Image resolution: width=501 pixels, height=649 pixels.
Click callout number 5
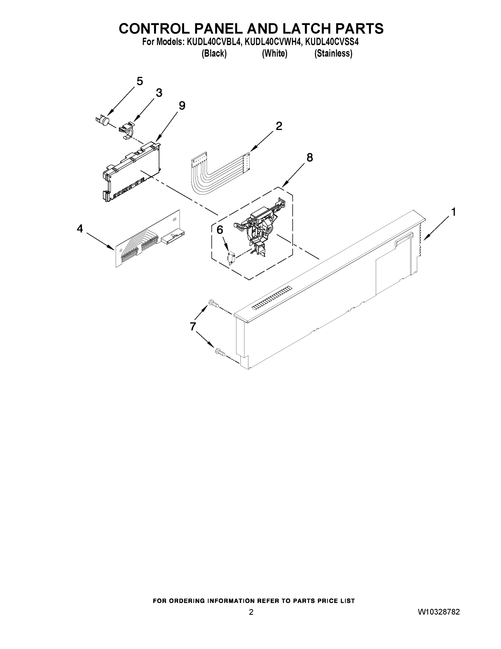(x=139, y=81)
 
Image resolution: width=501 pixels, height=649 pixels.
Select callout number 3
(x=159, y=93)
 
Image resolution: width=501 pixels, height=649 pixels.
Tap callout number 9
(x=182, y=105)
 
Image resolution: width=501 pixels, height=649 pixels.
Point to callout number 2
(x=279, y=126)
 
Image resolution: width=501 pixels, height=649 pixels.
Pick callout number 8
(x=310, y=157)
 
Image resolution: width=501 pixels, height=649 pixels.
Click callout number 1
(x=453, y=212)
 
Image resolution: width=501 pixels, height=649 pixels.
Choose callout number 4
(x=80, y=229)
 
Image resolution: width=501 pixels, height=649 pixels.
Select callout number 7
(x=193, y=326)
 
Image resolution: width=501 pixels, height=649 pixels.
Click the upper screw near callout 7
(x=214, y=304)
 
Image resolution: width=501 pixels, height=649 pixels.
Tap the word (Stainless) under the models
(x=333, y=54)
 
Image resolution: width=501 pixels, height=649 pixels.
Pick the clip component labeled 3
(x=126, y=131)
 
